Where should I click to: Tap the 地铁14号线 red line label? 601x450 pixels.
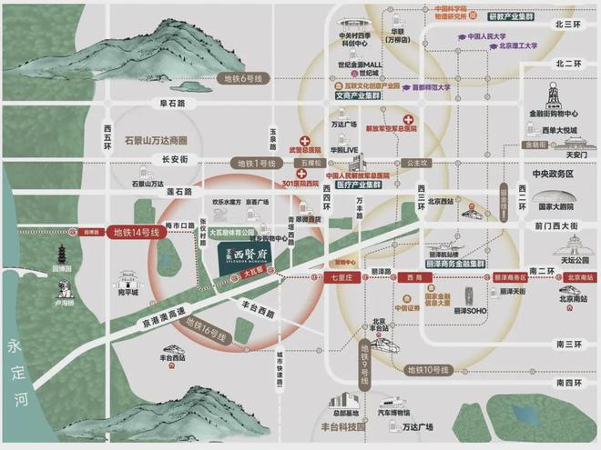[136, 233]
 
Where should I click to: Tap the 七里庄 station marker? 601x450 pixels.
[343, 275]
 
